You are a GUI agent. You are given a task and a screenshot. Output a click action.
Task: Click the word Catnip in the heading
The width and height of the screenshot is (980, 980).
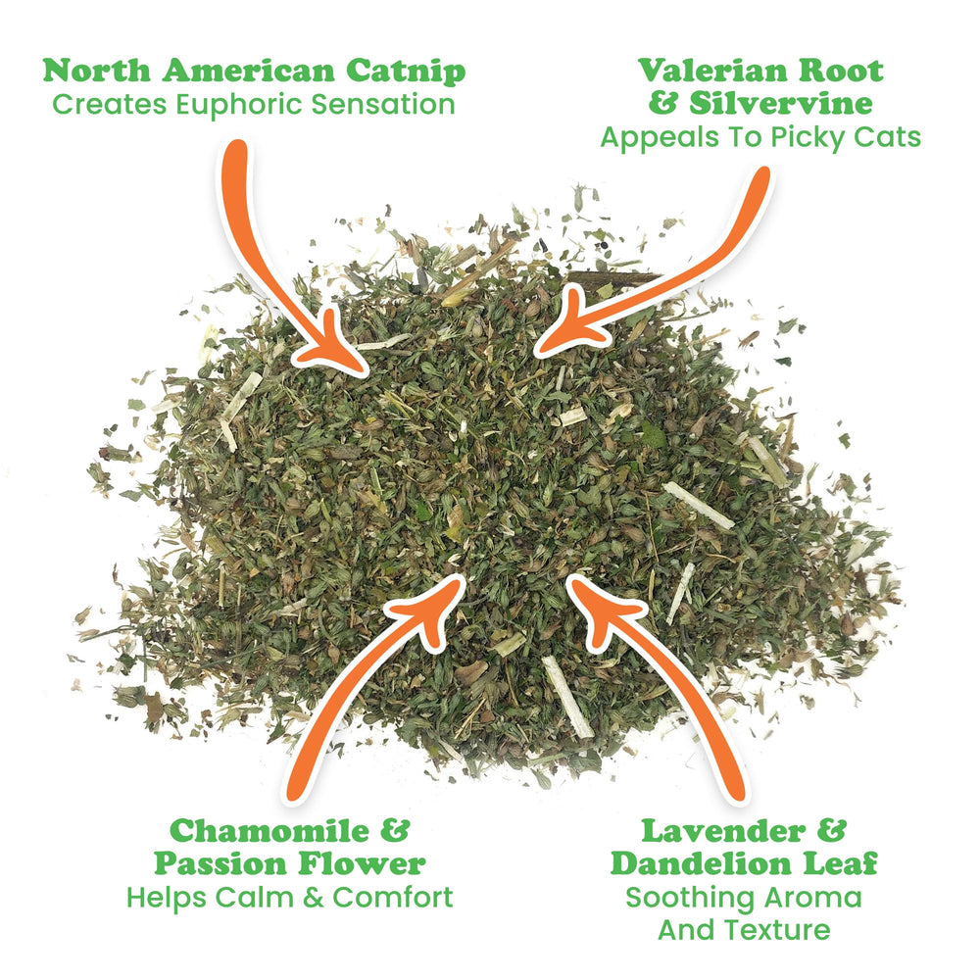(406, 72)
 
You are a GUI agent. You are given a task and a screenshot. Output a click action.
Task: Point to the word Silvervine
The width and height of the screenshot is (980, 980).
(781, 103)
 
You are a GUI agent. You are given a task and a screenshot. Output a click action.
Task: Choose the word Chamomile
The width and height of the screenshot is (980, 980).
(269, 831)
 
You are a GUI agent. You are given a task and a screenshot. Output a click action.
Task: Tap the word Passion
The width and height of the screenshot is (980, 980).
(220, 864)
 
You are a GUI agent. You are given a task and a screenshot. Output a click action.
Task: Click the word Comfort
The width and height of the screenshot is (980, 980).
(393, 898)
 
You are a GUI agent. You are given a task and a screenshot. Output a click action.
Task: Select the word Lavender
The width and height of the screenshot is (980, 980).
(724, 831)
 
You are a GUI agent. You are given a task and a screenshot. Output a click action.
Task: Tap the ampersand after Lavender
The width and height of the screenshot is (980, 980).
(831, 831)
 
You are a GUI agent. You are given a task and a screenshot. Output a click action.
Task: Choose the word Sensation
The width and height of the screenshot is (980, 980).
(383, 105)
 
